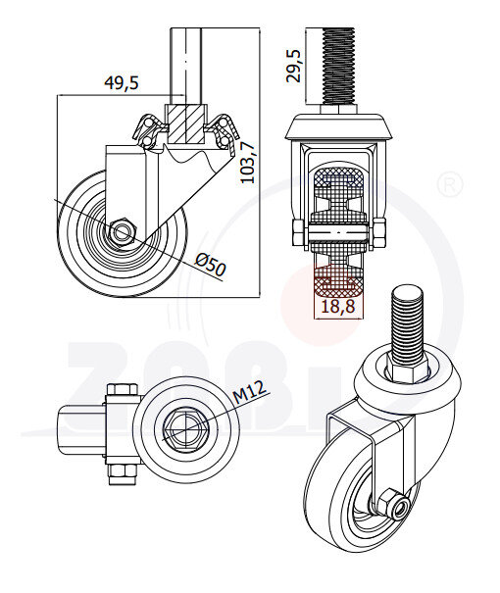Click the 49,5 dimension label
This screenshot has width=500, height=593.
pos(121,83)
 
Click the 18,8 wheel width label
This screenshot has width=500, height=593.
pos(338,307)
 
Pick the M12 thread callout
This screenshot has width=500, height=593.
pos(250,395)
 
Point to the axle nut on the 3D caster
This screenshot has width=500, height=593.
pos(389,505)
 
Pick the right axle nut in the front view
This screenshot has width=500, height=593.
pos(379,232)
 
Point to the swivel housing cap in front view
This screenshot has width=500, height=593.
pos(338,128)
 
